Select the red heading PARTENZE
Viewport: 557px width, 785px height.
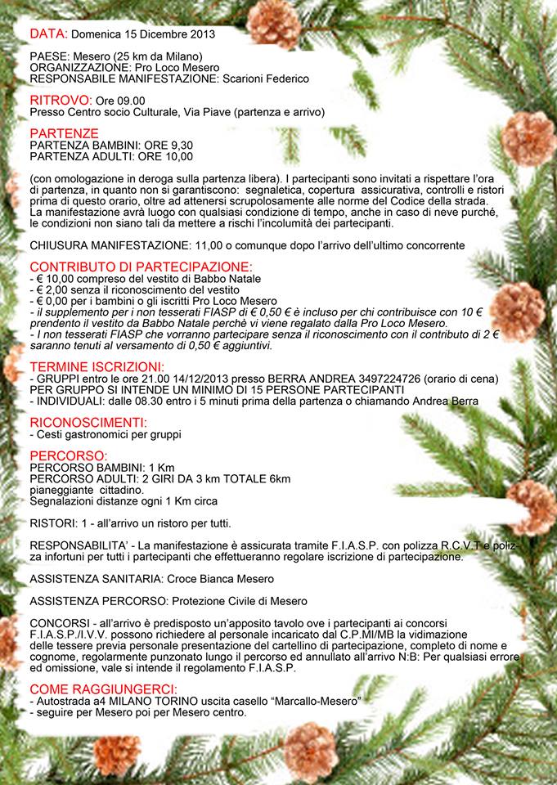64,132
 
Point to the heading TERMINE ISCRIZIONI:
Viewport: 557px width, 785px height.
97,366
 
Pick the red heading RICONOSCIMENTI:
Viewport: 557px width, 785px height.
88,422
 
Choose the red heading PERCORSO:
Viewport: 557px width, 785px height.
68,455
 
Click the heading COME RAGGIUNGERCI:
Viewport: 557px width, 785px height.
102,689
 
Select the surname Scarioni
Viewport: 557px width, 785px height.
239,78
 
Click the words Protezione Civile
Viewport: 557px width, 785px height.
215,601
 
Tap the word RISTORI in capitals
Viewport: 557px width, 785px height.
53,523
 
